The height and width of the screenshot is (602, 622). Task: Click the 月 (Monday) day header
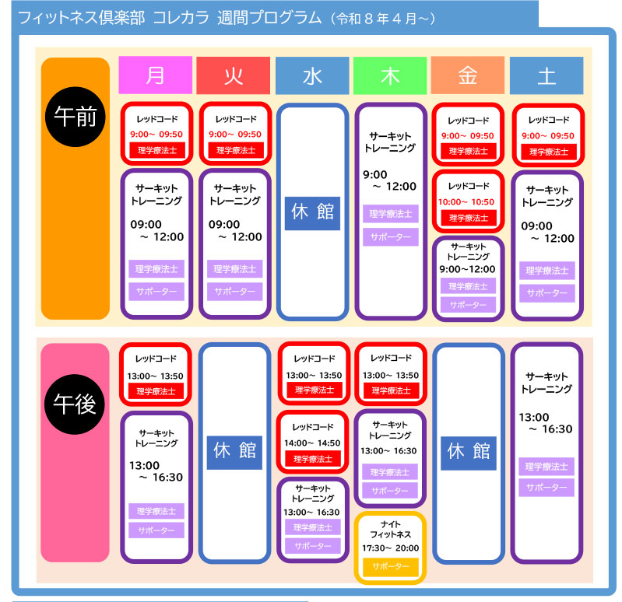[155, 75]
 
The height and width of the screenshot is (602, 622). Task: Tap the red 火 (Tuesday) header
[233, 75]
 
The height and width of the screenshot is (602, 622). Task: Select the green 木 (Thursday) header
[390, 75]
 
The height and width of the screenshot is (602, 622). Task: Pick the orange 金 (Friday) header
[468, 75]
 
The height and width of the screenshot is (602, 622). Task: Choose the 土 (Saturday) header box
[546, 75]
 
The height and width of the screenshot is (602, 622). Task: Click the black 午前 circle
[75, 117]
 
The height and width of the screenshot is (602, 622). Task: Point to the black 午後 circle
[75, 402]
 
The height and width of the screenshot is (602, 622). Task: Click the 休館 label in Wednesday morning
[312, 212]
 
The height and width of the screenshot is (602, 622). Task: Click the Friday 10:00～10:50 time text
[469, 201]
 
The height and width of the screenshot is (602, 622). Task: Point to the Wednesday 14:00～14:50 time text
[312, 443]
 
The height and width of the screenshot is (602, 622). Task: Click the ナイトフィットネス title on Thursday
[391, 530]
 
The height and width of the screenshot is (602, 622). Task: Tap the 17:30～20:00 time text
[391, 548]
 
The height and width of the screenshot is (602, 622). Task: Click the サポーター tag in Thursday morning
[390, 237]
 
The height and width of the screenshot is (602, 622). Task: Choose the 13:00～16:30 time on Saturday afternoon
[546, 423]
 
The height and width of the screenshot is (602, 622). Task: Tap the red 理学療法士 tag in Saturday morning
[546, 151]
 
